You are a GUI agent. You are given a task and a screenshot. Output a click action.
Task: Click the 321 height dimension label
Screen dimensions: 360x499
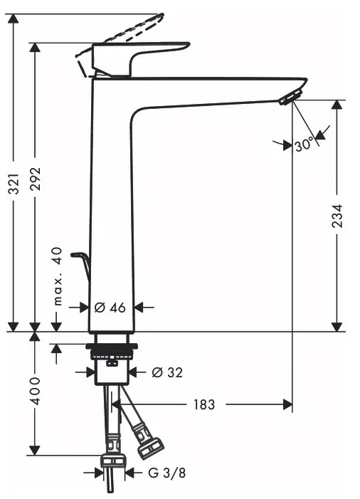coord(14,184)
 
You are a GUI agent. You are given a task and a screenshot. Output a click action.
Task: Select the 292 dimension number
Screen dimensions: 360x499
coord(36,179)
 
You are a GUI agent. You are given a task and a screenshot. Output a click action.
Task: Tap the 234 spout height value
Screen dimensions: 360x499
coord(337,216)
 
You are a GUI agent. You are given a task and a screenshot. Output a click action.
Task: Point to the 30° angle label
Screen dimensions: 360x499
coord(304,145)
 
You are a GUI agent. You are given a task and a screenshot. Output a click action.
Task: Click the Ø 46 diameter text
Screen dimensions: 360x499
coord(110,308)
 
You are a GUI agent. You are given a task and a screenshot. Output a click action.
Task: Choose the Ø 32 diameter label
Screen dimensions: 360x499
coord(167,372)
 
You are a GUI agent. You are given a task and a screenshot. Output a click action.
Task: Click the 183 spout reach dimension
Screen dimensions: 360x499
coord(204,404)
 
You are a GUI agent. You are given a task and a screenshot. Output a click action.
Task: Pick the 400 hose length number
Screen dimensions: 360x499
coord(35,391)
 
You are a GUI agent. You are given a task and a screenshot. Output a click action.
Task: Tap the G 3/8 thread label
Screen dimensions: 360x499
coord(167,473)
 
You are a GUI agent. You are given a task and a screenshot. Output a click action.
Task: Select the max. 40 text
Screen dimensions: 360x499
coord(57,276)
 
